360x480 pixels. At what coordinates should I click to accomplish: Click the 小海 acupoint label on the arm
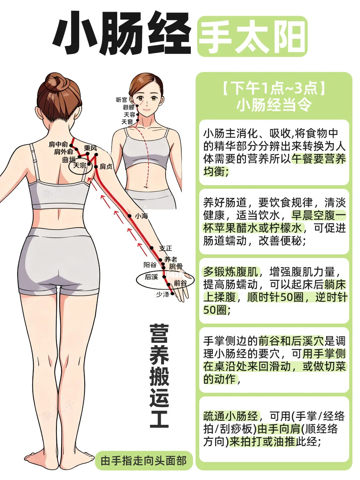[142, 216]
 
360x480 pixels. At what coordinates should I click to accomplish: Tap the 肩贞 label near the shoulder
[106, 167]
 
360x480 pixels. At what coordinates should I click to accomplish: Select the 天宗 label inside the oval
[80, 165]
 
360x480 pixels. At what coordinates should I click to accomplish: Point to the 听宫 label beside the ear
[122, 100]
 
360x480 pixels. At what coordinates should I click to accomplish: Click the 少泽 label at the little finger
[163, 294]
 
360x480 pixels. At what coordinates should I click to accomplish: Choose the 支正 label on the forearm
[166, 248]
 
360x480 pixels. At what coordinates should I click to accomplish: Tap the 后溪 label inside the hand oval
[151, 277]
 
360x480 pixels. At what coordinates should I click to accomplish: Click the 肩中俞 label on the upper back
[58, 144]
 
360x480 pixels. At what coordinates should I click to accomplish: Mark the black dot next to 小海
[130, 216]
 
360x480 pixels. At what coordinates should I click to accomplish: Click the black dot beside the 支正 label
[152, 248]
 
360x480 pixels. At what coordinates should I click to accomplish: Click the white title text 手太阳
[252, 36]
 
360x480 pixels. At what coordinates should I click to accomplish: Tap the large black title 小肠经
[122, 33]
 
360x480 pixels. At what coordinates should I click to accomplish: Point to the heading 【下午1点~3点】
[274, 88]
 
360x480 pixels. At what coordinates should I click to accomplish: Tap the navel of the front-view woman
[146, 186]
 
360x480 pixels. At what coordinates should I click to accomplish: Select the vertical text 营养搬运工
[159, 376]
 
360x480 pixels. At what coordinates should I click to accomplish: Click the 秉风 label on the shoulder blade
[90, 148]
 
